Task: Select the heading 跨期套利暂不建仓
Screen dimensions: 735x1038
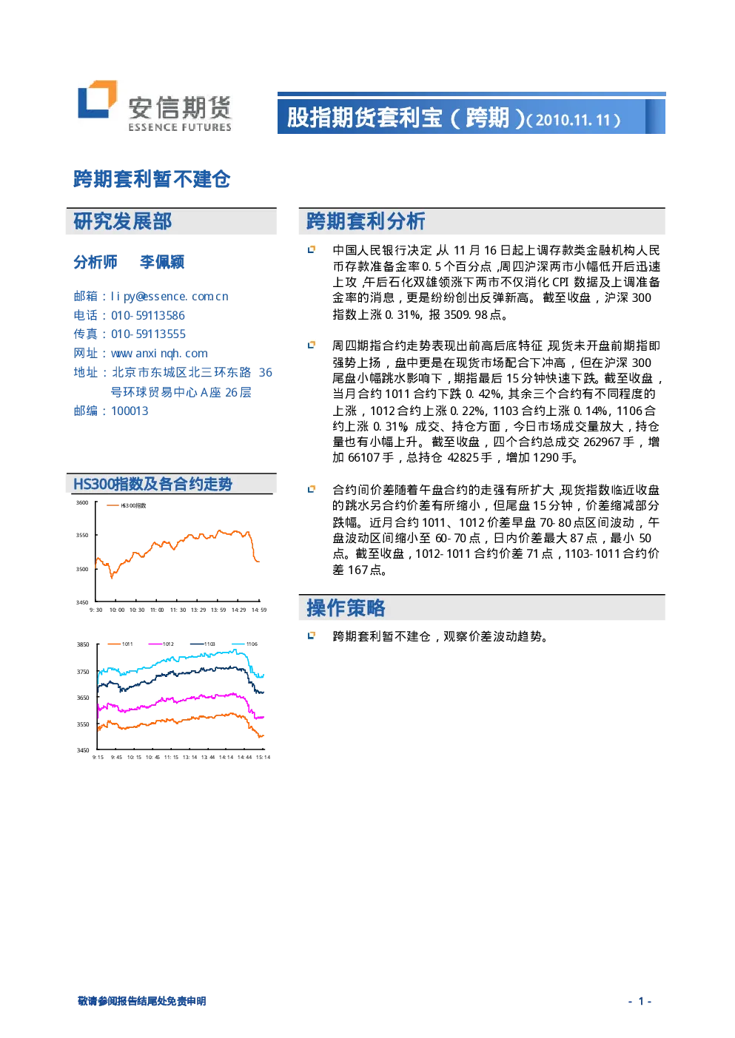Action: [152, 179]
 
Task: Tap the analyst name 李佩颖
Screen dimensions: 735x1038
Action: [162, 263]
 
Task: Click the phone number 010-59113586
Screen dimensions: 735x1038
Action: [148, 316]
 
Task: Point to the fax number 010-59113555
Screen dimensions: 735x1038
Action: [148, 334]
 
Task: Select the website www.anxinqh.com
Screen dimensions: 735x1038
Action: [159, 354]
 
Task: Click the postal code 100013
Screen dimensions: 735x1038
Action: [130, 411]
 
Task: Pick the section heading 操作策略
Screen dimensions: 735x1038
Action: [346, 607]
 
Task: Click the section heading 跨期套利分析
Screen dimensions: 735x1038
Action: [366, 221]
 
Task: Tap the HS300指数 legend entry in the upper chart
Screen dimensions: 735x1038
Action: [126, 505]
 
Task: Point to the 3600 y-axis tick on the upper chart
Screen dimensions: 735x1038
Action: [82, 503]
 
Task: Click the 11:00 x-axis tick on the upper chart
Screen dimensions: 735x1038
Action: [157, 610]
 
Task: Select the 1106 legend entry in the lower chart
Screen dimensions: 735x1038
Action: [244, 644]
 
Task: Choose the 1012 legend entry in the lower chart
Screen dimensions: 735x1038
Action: [161, 644]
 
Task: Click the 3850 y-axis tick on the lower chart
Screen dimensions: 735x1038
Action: [83, 644]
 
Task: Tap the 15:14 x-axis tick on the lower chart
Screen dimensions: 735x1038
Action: [263, 757]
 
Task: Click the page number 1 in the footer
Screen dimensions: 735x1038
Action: [641, 1001]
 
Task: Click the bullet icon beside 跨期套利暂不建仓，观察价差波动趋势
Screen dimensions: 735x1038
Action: [312, 636]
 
